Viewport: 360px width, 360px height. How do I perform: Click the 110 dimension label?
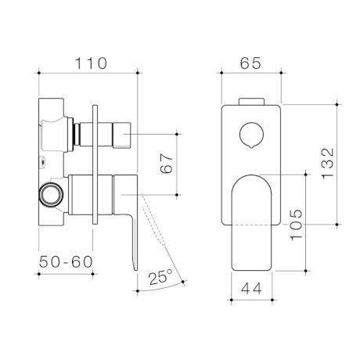point(89,61)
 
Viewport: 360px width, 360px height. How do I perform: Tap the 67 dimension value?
point(164,164)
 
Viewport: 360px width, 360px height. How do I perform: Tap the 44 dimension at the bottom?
point(251,288)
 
